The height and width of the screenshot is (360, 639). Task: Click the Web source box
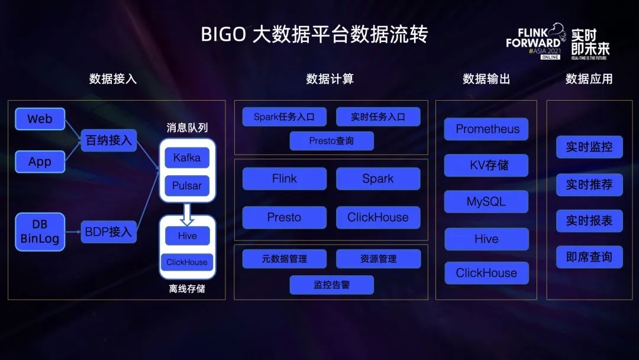(40, 119)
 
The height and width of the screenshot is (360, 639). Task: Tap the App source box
(40, 162)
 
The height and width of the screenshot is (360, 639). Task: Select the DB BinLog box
(40, 232)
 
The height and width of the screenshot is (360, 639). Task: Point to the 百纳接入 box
(108, 140)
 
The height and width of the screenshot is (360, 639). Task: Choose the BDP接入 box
(108, 232)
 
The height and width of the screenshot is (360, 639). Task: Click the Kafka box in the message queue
(187, 158)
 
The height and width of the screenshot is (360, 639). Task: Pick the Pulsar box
(187, 186)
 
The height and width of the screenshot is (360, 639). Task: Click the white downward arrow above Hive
(187, 214)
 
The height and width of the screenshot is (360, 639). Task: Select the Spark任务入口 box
(284, 117)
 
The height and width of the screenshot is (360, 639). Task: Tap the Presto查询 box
(331, 141)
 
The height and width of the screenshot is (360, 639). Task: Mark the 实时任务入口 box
(378, 117)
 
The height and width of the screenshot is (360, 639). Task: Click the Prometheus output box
(487, 129)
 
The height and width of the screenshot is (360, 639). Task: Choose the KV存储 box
(487, 165)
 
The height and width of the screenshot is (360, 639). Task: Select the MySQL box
(486, 201)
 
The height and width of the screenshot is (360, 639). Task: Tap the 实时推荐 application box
(589, 185)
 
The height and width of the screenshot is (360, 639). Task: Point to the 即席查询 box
(589, 257)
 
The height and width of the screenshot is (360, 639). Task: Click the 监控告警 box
(331, 285)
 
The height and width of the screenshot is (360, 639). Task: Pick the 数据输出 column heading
(486, 79)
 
